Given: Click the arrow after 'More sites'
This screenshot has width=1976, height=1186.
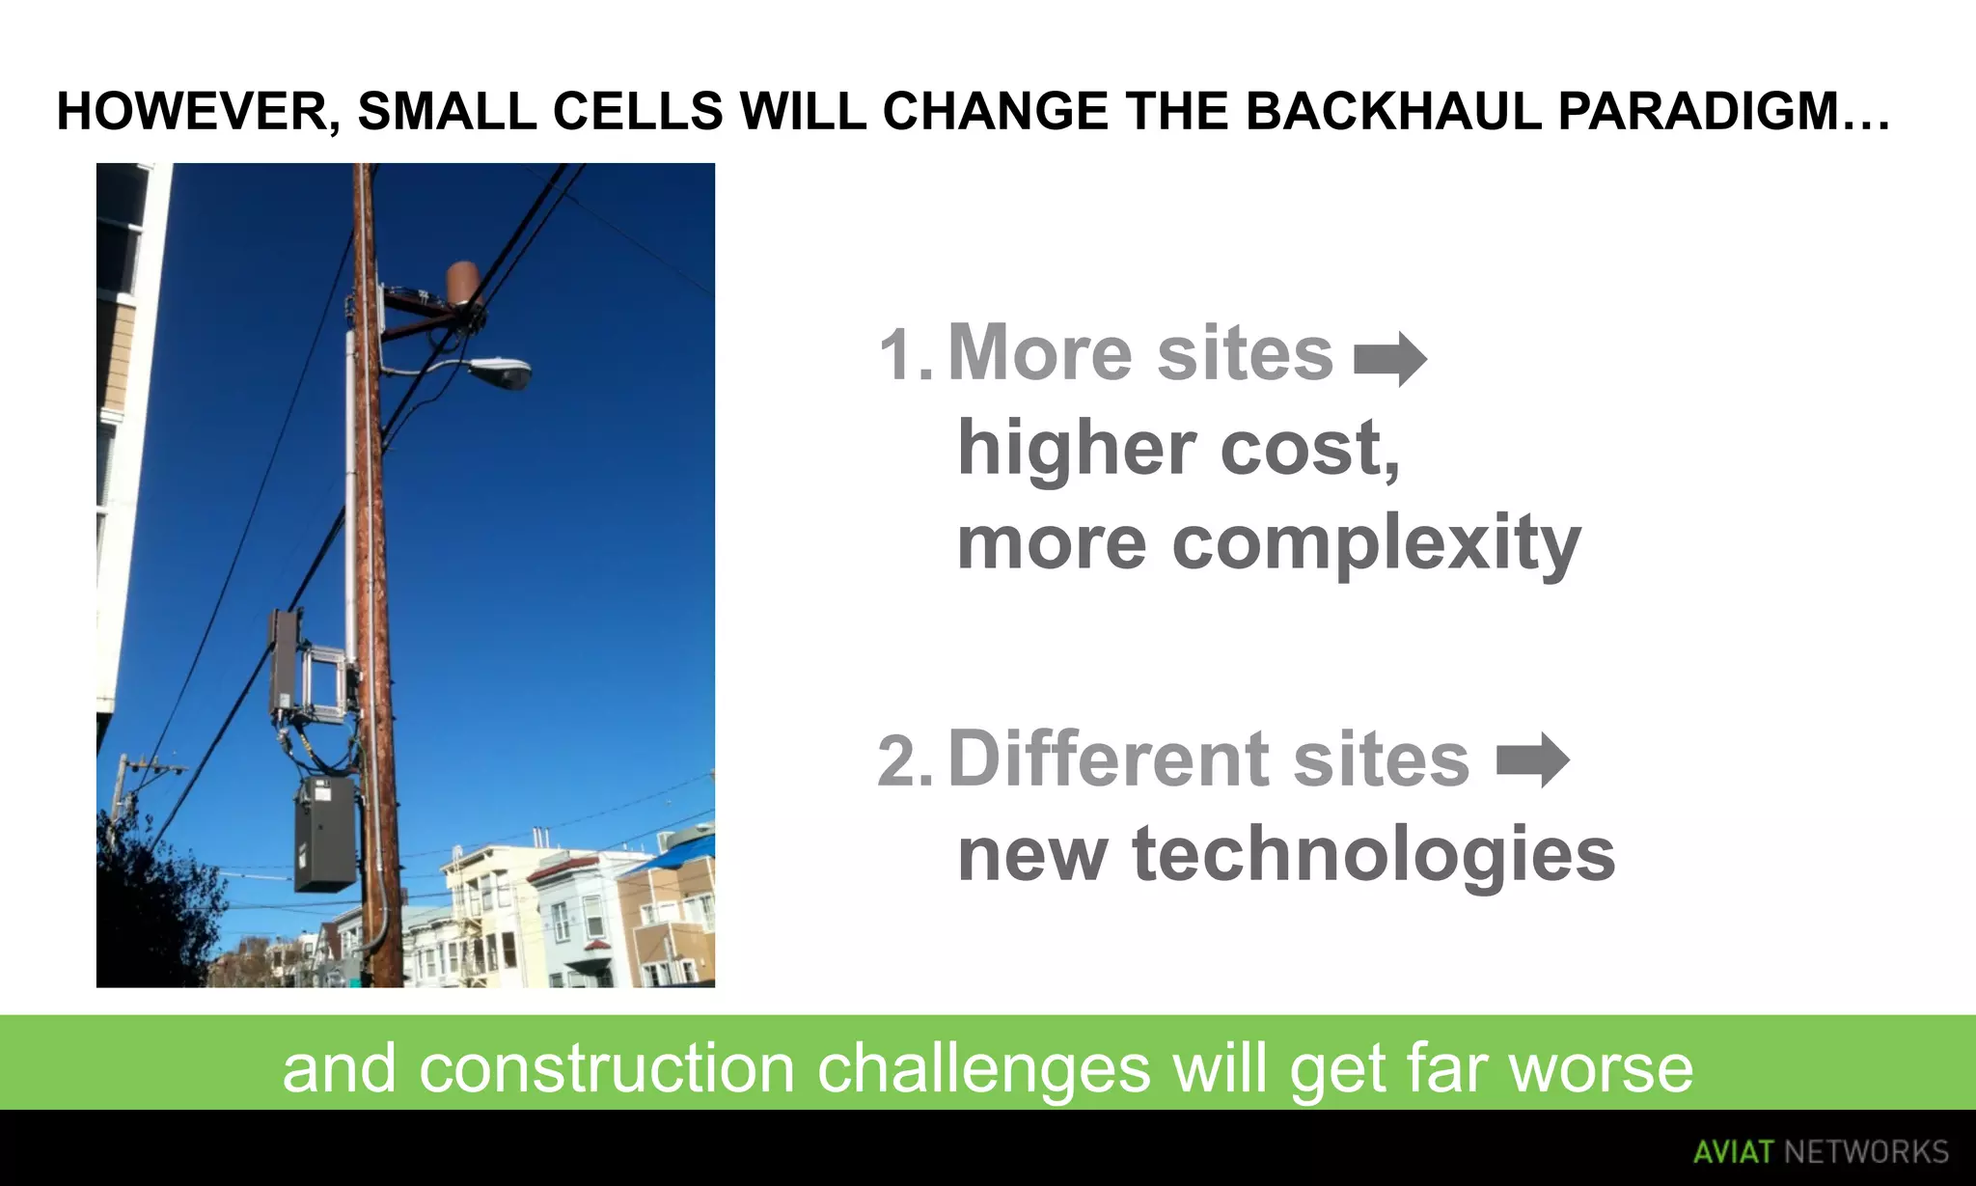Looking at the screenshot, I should (1389, 359).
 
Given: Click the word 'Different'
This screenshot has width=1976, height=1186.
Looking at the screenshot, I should (1107, 759).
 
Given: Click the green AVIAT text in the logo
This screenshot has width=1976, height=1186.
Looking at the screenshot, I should (1733, 1152).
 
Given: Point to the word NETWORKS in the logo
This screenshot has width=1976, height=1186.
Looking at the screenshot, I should (1865, 1152).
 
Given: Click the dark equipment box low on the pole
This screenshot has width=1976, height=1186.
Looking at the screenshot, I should (324, 835).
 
